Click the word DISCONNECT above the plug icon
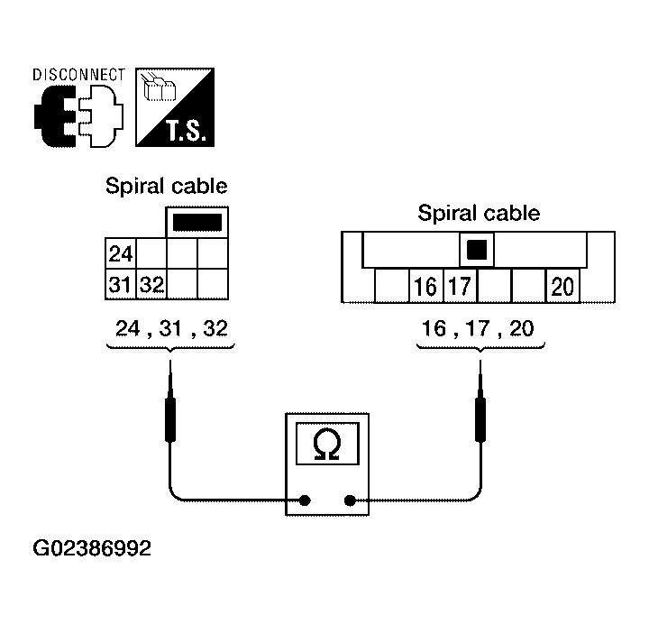click(78, 75)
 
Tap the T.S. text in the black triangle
click(186, 131)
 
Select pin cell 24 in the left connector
click(121, 253)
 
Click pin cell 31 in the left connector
click(121, 284)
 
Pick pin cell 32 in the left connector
click(151, 284)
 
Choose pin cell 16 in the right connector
click(425, 286)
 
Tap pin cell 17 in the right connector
click(461, 286)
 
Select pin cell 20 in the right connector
click(562, 286)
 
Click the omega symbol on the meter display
click(327, 444)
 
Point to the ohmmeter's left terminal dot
click(305, 500)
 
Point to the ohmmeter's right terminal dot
click(350, 500)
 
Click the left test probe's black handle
click(170, 419)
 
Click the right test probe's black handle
click(480, 419)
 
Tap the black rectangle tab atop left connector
click(197, 223)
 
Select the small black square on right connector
click(477, 250)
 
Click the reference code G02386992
click(92, 548)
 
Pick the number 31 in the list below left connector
click(170, 328)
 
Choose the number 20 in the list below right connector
click(522, 328)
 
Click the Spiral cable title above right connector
click(479, 213)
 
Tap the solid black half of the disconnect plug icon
click(53, 116)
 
